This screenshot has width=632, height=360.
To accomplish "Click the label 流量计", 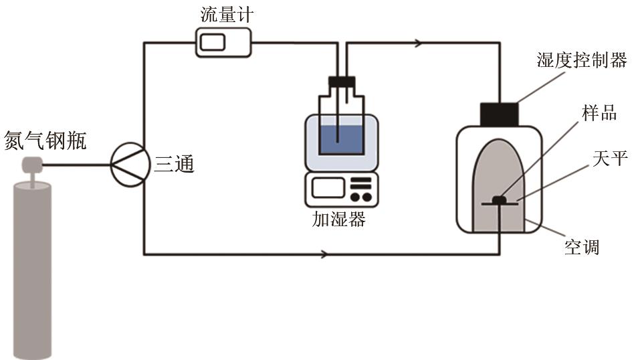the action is tap(227, 15).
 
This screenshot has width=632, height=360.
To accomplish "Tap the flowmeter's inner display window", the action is tap(213, 42).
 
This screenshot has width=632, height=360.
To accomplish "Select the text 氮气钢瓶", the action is tap(45, 141).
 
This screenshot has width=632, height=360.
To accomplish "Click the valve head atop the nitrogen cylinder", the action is tap(32, 165).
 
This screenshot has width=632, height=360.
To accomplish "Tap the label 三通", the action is tap(174, 164).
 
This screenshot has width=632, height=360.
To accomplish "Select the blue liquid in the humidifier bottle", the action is tap(342, 139).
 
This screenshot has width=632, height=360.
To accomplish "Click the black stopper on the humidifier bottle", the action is tap(342, 82).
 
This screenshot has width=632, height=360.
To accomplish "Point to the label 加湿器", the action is tap(338, 219).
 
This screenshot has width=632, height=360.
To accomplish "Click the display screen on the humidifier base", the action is tap(328, 188).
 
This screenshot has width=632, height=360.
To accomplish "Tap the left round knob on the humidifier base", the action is tap(355, 197).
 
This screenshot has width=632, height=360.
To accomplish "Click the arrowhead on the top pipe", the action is tap(419, 42).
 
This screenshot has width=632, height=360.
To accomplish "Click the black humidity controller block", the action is tap(499, 114).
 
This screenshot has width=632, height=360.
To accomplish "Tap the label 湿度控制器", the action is tap(582, 60).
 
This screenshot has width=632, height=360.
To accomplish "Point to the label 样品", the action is tap(599, 112).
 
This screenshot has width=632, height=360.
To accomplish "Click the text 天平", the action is tap(610, 158).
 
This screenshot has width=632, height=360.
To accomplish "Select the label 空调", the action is tap(582, 247).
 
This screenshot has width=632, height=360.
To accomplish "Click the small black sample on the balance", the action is tap(500, 199).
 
